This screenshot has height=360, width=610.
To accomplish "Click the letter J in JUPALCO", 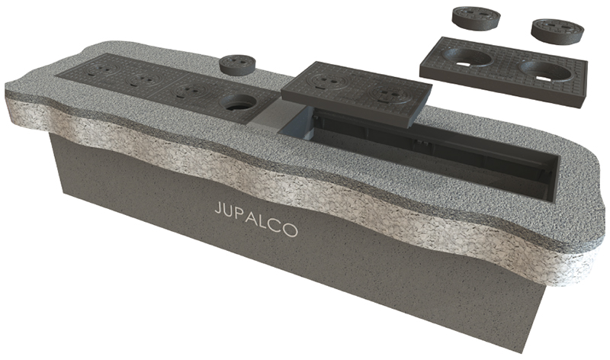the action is pos(217,209).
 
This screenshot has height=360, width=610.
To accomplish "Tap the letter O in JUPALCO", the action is pos(290,230).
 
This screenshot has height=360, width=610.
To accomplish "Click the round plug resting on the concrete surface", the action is pos(237,65).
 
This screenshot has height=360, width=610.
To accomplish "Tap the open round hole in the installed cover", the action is pos(238,103).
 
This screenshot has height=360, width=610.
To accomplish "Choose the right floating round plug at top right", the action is pos(557,31).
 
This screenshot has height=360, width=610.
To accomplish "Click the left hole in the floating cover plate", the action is pos(469,59).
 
